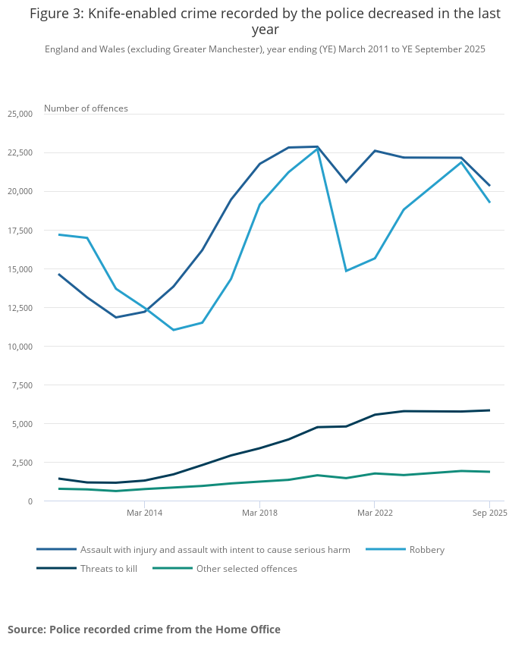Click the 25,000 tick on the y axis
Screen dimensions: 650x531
20,114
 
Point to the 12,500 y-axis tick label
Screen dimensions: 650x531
20,308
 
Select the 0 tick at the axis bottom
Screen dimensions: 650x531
30,501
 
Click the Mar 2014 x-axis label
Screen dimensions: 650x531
144,513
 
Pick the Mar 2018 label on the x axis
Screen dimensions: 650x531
259,513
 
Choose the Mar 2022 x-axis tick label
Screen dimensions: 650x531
374,513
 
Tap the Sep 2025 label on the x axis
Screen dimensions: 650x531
489,513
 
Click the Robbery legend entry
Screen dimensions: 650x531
426,550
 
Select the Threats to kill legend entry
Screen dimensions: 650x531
108,569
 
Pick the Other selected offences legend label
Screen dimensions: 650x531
247,569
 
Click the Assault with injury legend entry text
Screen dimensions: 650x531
215,550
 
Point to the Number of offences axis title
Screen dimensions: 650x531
86,108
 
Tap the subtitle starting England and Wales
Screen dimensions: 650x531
265,49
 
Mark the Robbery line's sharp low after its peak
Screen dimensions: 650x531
346,271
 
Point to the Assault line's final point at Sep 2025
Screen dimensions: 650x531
489,185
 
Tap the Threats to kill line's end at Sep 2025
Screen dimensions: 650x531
489,410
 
